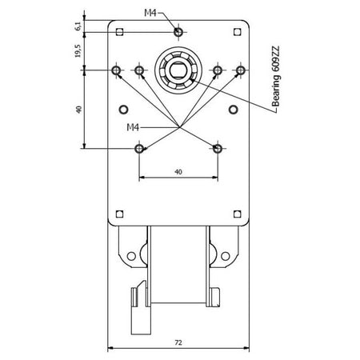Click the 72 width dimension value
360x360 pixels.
tap(178, 342)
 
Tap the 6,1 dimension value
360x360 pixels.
tap(78, 26)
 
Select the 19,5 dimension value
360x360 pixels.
tap(78, 50)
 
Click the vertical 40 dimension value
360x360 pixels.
tap(78, 110)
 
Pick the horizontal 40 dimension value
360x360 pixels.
tap(178, 172)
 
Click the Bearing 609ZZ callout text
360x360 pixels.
tap(276, 77)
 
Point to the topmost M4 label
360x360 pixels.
tap(150, 13)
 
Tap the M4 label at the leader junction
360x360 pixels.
tap(133, 127)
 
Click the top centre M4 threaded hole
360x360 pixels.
tap(178, 32)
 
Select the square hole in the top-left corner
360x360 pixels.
tap(120, 32)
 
